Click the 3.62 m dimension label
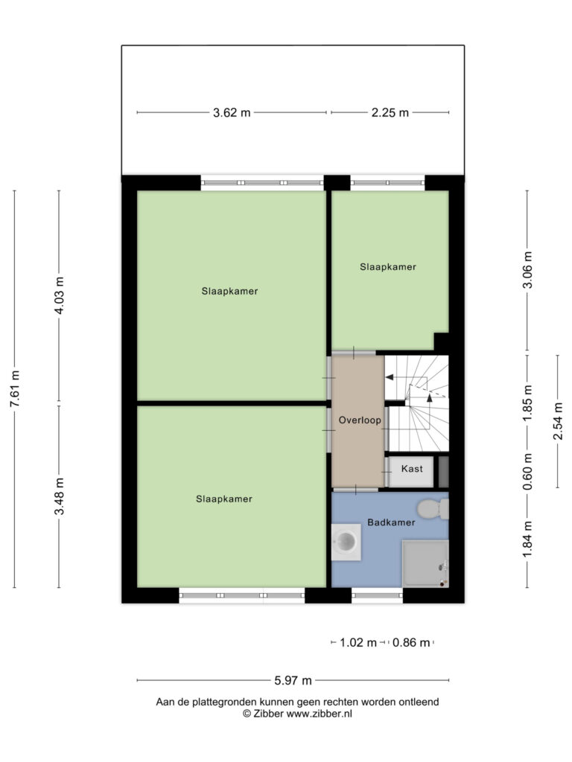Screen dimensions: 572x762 pyautogui.click(x=232, y=113)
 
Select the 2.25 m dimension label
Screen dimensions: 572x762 pyautogui.click(x=390, y=113)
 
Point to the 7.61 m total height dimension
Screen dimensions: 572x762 pyautogui.click(x=15, y=388)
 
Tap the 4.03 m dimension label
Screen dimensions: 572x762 pyautogui.click(x=60, y=295)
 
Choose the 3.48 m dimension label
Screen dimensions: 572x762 pyautogui.click(x=60, y=496)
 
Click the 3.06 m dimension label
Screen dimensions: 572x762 pyautogui.click(x=528, y=270)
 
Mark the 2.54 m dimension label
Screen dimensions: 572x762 pyautogui.click(x=558, y=421)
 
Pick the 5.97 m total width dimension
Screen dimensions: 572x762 pyautogui.click(x=293, y=680)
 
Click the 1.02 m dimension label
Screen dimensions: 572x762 pyautogui.click(x=358, y=642)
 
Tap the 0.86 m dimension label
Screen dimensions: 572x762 pyautogui.click(x=411, y=642)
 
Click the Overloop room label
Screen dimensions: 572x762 pyautogui.click(x=360, y=420)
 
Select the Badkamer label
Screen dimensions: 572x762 pyautogui.click(x=391, y=522)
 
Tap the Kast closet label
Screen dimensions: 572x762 pyautogui.click(x=412, y=469)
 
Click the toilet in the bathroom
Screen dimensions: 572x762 pyautogui.click(x=433, y=509)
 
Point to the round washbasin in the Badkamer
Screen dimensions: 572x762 pyautogui.click(x=346, y=542)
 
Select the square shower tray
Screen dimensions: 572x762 pyautogui.click(x=425, y=564)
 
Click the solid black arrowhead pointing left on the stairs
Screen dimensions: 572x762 pyautogui.click(x=389, y=377)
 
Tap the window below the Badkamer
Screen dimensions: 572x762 pyautogui.click(x=378, y=596)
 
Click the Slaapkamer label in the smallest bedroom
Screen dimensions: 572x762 pyautogui.click(x=388, y=267)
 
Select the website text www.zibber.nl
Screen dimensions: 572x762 pyautogui.click(x=319, y=714)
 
